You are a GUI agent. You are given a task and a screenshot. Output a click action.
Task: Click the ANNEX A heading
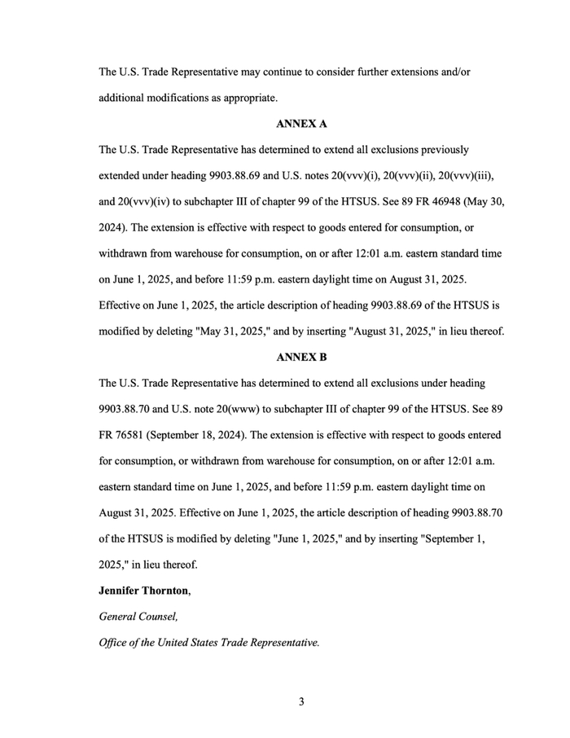(302, 124)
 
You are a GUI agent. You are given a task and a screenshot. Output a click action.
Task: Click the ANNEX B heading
(302, 357)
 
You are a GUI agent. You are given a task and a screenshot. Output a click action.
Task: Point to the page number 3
(301, 702)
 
